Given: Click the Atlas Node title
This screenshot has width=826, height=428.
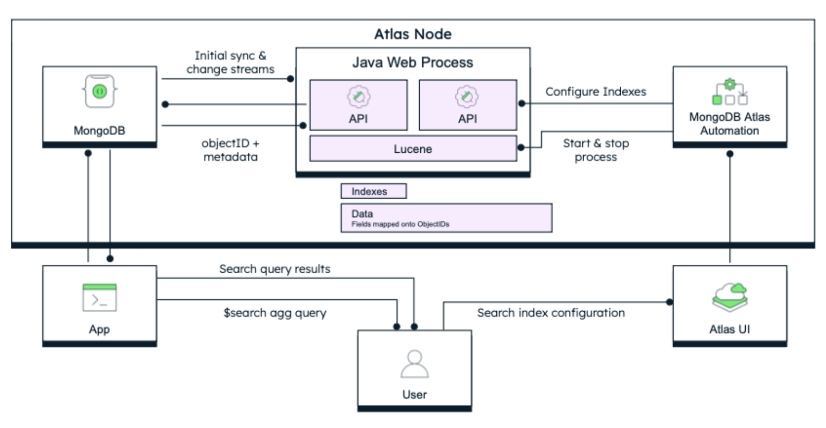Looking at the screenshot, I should click(x=412, y=34).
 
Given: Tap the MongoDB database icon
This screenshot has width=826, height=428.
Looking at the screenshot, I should click(x=100, y=92).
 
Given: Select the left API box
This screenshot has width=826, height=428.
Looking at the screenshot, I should click(x=358, y=104).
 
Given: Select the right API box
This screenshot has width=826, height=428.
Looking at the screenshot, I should click(x=468, y=104).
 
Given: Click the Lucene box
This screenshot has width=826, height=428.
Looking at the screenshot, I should click(x=412, y=149).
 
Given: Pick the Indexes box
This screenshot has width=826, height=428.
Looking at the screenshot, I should click(x=373, y=191).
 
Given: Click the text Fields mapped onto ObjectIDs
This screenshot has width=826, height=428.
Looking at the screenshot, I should click(x=400, y=224).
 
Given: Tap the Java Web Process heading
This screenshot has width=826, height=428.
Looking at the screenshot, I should click(x=412, y=62).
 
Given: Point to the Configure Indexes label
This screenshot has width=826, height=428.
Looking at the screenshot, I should click(x=596, y=92).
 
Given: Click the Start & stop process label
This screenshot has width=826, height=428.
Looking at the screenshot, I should click(x=596, y=150).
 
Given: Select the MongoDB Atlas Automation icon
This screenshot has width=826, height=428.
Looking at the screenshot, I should click(x=729, y=93).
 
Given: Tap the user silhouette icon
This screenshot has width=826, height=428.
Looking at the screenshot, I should click(x=414, y=364).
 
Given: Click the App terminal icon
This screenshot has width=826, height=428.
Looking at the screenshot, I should click(x=99, y=297).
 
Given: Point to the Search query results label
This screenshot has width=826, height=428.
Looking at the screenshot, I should click(x=275, y=269).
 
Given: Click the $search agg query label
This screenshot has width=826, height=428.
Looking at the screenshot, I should click(x=275, y=313).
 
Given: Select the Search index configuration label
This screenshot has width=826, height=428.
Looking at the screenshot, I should click(x=551, y=313).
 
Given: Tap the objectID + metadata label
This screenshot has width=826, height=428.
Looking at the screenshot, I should click(x=230, y=150).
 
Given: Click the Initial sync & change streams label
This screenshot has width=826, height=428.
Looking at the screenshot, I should click(x=230, y=62).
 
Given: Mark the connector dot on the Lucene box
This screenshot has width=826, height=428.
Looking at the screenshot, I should click(x=520, y=148).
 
